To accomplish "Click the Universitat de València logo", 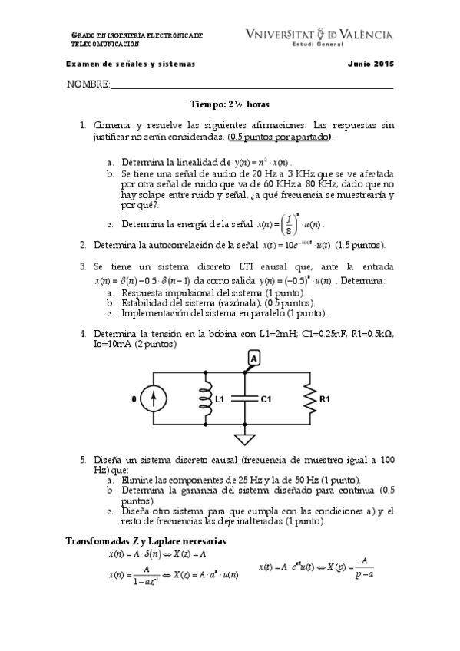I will pyautogui.click(x=319, y=37).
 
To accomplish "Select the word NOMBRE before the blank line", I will pyautogui.click(x=89, y=84).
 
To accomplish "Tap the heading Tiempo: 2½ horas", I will pyautogui.click(x=230, y=104).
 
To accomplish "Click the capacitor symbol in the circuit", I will pyautogui.click(x=244, y=399).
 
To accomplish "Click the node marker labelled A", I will pyautogui.click(x=253, y=358).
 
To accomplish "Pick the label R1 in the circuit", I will pyautogui.click(x=325, y=400).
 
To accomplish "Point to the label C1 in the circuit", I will pyautogui.click(x=266, y=400).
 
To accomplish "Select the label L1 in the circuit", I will pyautogui.click(x=219, y=400).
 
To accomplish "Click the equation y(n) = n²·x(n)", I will pyautogui.click(x=263, y=163).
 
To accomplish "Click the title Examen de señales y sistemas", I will pyautogui.click(x=131, y=64).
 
